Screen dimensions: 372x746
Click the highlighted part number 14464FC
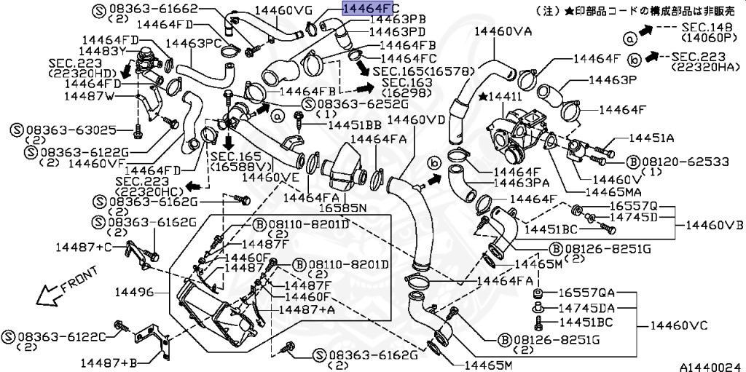[368, 9]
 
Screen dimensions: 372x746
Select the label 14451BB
[355, 125]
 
